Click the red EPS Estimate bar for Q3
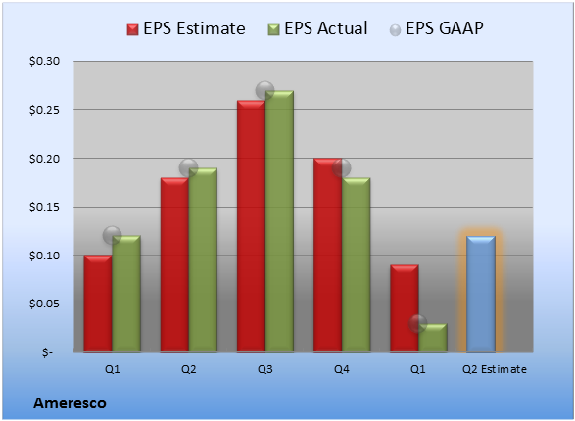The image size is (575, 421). [251, 226]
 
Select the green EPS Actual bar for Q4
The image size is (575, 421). [356, 265]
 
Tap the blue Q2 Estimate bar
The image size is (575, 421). [481, 295]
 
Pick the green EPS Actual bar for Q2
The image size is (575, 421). [203, 260]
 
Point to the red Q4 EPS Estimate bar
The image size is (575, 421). [327, 256]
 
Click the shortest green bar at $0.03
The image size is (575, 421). [433, 338]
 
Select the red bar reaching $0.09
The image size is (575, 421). [405, 308]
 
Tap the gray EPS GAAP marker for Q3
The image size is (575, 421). [264, 90]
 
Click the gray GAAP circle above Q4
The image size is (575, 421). [342, 168]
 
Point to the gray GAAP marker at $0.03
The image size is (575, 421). [418, 323]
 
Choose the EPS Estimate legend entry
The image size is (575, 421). [186, 28]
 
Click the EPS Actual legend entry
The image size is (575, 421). [317, 28]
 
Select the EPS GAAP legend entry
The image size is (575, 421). [436, 28]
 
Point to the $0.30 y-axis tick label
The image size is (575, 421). [44, 61]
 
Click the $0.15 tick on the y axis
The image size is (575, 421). [44, 207]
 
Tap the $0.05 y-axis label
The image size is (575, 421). [44, 304]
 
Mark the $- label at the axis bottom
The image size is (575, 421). [47, 352]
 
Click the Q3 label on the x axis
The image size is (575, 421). [265, 369]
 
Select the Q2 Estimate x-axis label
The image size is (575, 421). [495, 369]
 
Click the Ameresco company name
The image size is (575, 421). [71, 403]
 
